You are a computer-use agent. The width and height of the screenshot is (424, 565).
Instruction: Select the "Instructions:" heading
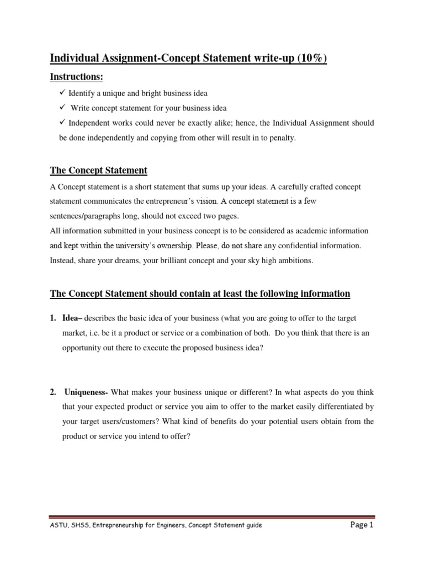coord(77,77)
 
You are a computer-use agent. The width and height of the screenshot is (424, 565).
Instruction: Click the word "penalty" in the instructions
coord(282,138)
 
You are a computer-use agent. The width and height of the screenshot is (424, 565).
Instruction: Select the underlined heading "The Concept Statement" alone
coord(99,170)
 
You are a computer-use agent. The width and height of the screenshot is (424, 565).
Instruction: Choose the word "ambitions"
coord(294,261)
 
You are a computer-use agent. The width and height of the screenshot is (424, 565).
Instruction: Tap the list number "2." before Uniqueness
coord(54,392)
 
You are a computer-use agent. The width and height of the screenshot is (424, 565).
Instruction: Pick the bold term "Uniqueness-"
coord(87,392)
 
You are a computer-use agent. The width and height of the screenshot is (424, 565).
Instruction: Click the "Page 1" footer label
coord(362,525)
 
